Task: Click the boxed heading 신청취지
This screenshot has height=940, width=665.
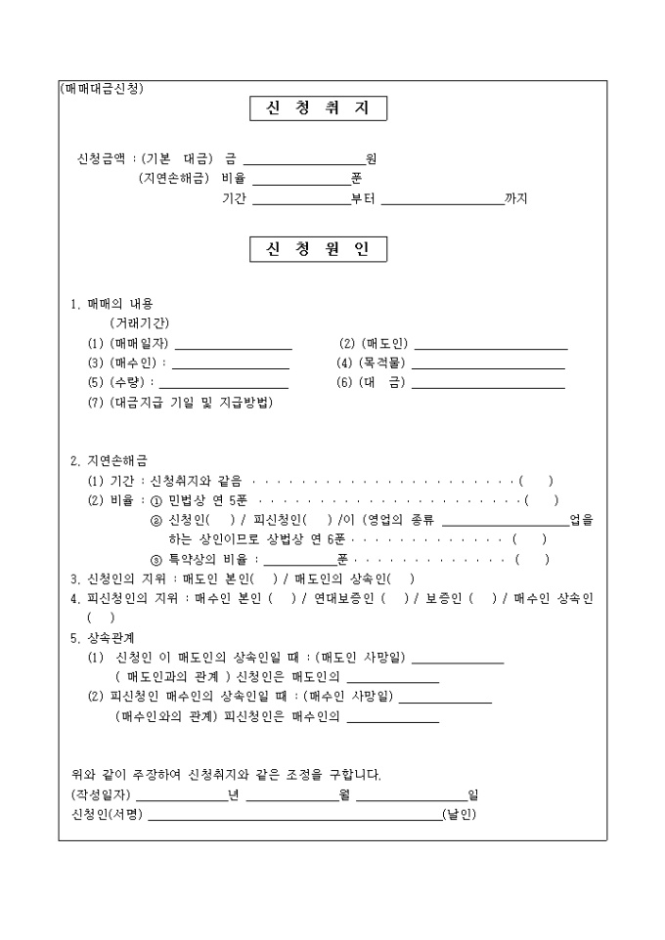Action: pyautogui.click(x=318, y=108)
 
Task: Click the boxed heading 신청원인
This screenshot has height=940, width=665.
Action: pyautogui.click(x=318, y=249)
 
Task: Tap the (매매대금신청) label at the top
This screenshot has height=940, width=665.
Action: pyautogui.click(x=102, y=88)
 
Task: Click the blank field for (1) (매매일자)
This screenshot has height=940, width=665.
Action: pyautogui.click(x=233, y=345)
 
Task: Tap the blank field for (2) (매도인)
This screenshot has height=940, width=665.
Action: pyautogui.click(x=491, y=345)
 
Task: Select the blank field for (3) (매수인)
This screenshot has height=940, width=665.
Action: pyautogui.click(x=231, y=364)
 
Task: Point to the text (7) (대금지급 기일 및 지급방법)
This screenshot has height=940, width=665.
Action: pyautogui.click(x=180, y=403)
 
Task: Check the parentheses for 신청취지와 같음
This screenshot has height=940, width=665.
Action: pyautogui.click(x=537, y=481)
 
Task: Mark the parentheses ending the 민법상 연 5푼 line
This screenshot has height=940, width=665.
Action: pyautogui.click(x=543, y=500)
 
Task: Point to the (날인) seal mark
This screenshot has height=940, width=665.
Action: pyautogui.click(x=459, y=815)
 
